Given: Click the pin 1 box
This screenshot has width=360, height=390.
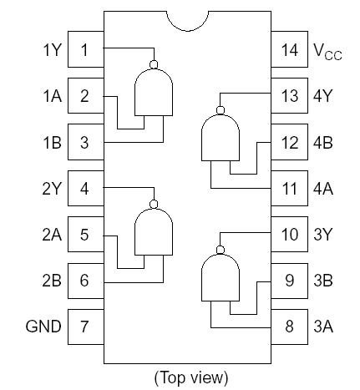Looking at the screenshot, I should pos(84,50).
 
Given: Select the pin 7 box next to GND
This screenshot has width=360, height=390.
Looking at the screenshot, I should pos(84,327).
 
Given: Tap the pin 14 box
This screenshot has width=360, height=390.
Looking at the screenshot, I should pos(289,50).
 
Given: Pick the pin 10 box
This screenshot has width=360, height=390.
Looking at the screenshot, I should pos(289,235).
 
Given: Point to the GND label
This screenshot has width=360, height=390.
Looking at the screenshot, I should pos(43,327).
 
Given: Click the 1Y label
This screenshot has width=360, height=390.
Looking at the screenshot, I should pos(52,50).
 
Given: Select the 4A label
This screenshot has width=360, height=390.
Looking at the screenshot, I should pos(322,189).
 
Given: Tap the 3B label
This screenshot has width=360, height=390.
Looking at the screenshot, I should pos(322,281).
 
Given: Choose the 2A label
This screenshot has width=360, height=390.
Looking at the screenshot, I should pos(52,235).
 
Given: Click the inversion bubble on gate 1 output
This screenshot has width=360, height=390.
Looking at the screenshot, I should pos(153,63).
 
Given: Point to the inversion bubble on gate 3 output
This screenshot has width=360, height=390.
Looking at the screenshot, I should pos(221,250).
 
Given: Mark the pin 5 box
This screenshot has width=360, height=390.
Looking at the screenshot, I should pos(84,235).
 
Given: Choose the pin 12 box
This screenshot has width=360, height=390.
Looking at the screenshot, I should pos(289,143).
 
